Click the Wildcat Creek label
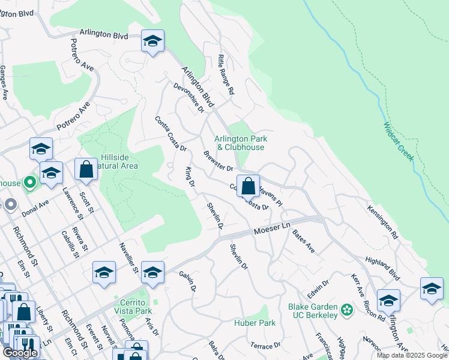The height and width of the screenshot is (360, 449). pyautogui.click(x=399, y=142)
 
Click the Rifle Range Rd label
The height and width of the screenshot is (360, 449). pyautogui.click(x=226, y=80)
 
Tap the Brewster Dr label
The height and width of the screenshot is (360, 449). pyautogui.click(x=218, y=160)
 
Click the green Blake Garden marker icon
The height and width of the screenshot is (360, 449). pyautogui.click(x=346, y=310)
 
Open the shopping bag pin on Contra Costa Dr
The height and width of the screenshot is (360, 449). pyautogui.click(x=248, y=186)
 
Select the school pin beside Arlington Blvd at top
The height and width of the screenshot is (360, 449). pyautogui.click(x=152, y=42)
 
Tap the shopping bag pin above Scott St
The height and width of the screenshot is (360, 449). pyautogui.click(x=86, y=170)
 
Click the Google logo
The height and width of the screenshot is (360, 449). pyautogui.click(x=20, y=353)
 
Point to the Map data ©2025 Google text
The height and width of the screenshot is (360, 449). pyautogui.click(x=411, y=355)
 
